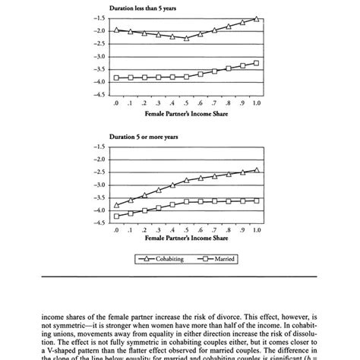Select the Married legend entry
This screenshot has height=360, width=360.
pyautogui.click(x=215, y=259)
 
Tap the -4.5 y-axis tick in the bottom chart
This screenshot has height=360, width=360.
pyautogui.click(x=99, y=223)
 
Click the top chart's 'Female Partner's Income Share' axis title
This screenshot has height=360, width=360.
pyautogui.click(x=185, y=112)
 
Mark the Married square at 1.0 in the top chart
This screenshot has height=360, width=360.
pyautogui.click(x=257, y=63)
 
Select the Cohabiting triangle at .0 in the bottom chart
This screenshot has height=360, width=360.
pyautogui.click(x=116, y=205)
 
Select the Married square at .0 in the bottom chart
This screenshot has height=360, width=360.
pyautogui.click(x=116, y=216)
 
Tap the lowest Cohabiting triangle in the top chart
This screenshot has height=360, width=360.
pyautogui.click(x=186, y=38)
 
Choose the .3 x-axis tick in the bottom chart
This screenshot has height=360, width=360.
pyautogui.click(x=158, y=230)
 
